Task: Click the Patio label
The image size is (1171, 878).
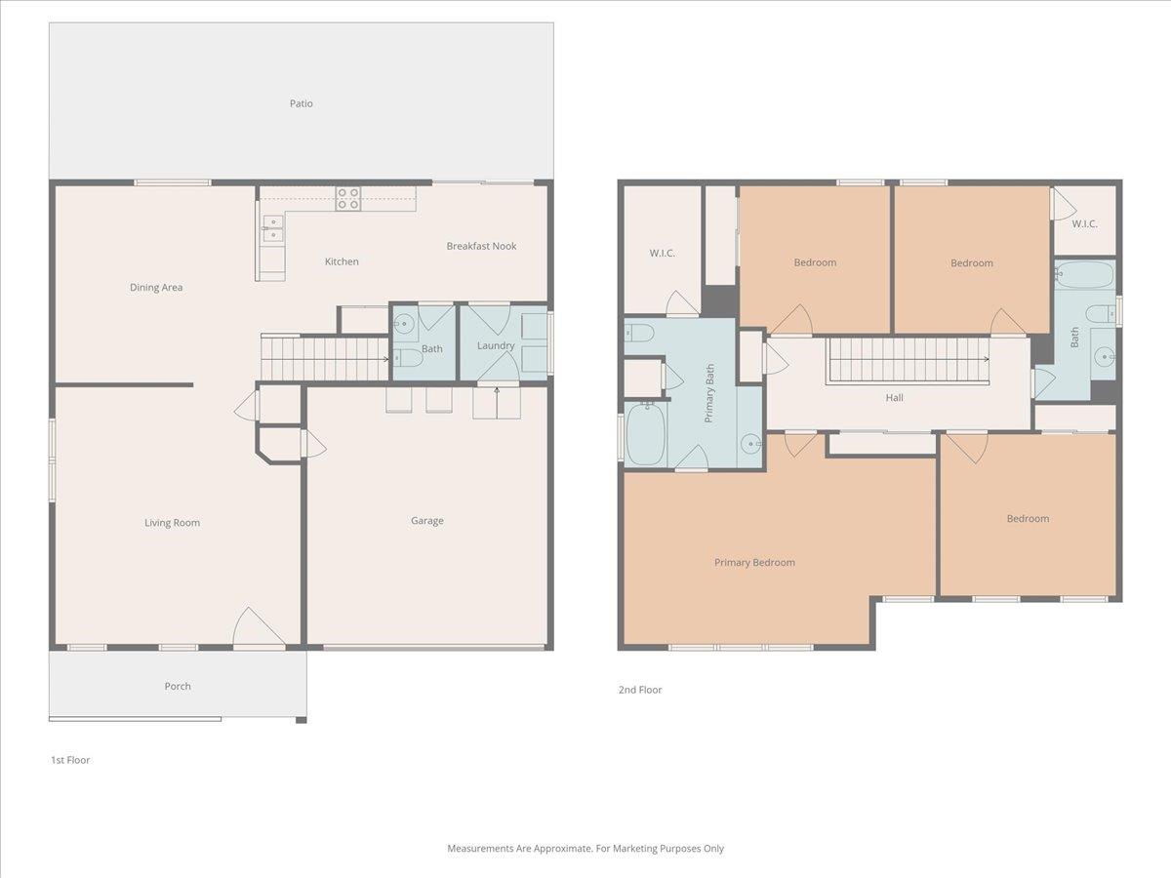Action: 301,103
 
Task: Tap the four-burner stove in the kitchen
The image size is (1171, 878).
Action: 348,198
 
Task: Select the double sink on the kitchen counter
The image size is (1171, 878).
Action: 273,229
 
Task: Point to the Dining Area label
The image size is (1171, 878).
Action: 156,288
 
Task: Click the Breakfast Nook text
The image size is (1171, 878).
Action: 481,246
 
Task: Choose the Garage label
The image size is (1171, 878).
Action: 426,521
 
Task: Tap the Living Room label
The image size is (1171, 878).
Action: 172,523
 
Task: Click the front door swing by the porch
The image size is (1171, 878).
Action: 258,628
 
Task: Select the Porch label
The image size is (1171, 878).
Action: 178,686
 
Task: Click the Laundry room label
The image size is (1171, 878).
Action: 495,346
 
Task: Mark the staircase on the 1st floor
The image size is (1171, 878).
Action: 325,358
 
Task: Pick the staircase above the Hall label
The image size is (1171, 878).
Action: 909,361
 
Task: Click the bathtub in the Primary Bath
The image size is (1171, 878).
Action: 644,435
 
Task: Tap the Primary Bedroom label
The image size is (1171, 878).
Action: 754,562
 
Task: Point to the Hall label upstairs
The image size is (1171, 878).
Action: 894,398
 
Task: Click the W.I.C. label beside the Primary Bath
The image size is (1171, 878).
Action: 662,254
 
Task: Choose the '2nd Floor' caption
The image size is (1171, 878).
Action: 640,690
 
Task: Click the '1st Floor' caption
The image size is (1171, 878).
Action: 70,760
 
